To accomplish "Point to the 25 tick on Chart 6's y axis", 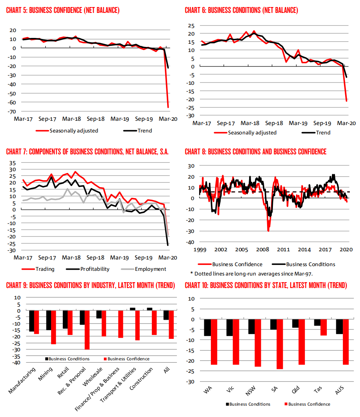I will point(190,25).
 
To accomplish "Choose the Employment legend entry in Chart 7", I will point(150,269).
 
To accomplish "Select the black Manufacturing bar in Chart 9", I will point(32,321).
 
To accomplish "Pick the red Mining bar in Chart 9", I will point(53,327).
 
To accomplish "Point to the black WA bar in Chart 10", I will point(207,328).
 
